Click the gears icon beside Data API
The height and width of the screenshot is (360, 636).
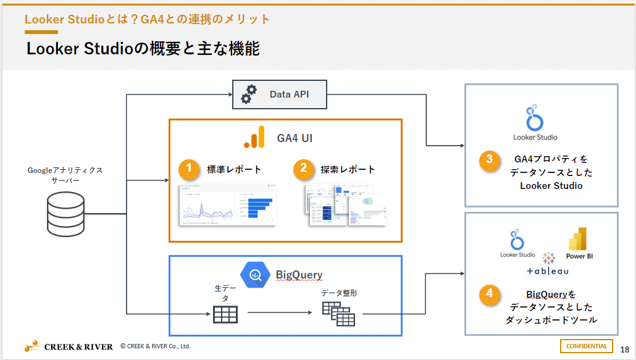tap(249, 94)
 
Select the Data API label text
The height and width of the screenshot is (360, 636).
tap(289, 94)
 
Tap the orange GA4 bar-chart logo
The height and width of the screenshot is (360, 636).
tap(254, 137)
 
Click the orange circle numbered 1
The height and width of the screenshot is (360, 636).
tap(190, 169)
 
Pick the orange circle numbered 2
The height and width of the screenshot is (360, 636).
tap(304, 169)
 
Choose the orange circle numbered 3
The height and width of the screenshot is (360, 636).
tap(489, 159)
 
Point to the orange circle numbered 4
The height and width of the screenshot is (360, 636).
tap(489, 293)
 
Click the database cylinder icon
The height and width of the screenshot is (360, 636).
tap(65, 214)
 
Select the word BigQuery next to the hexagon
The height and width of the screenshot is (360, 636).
tap(299, 275)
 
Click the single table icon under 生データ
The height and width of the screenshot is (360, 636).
tap(225, 315)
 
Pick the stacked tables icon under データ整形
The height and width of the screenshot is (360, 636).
tap(338, 314)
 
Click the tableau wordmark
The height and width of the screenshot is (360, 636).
tap(548, 271)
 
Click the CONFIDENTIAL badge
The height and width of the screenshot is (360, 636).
tap(586, 346)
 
